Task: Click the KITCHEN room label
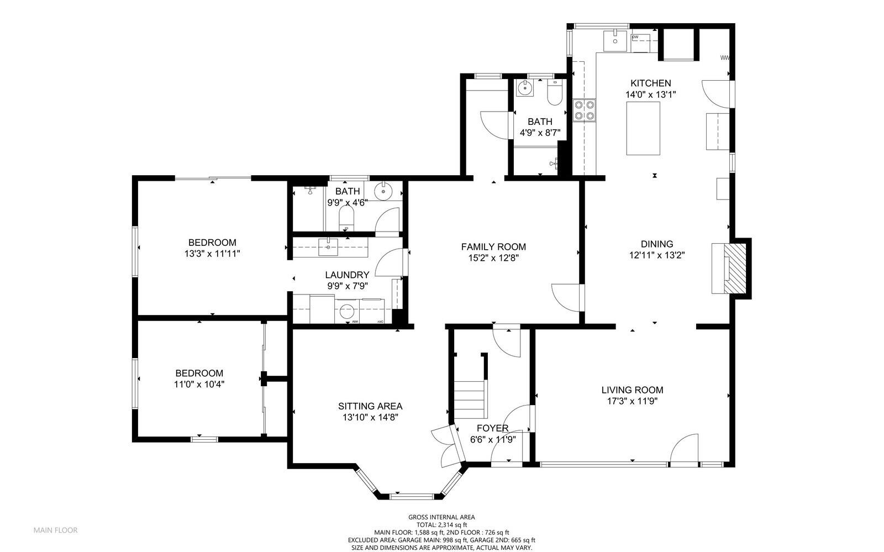pyautogui.click(x=651, y=83)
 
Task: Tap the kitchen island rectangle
pyautogui.click(x=643, y=128)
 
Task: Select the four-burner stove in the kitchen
pyautogui.click(x=585, y=111)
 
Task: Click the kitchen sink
pyautogui.click(x=615, y=41)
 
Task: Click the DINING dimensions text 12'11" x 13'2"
pyautogui.click(x=657, y=255)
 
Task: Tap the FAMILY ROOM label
pyautogui.click(x=493, y=247)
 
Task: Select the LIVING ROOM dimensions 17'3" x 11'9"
pyautogui.click(x=632, y=401)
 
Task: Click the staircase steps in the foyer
pyautogui.click(x=470, y=399)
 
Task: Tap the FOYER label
pyautogui.click(x=492, y=428)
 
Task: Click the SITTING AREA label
pyautogui.click(x=370, y=406)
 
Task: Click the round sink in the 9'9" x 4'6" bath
pyautogui.click(x=382, y=191)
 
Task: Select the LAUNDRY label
pyautogui.click(x=348, y=275)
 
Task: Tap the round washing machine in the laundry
pyautogui.click(x=346, y=311)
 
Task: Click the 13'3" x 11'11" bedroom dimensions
pyautogui.click(x=212, y=254)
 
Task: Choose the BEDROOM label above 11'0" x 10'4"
pyautogui.click(x=199, y=373)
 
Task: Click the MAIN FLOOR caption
pyautogui.click(x=56, y=530)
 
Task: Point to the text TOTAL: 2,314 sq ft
pyautogui.click(x=441, y=525)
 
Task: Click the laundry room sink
pyautogui.click(x=328, y=247)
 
